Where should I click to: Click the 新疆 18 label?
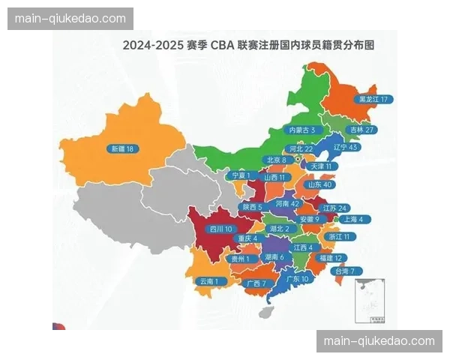pos(120,148)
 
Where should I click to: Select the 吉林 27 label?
pos(361,130)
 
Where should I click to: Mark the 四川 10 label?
pos(221,229)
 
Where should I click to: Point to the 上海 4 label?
pos(350,220)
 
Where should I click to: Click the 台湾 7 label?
pos(349,271)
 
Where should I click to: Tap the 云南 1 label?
pos(210,281)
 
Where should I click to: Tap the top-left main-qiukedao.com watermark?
pos(71,18)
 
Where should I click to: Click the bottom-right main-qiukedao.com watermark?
pos(378,341)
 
